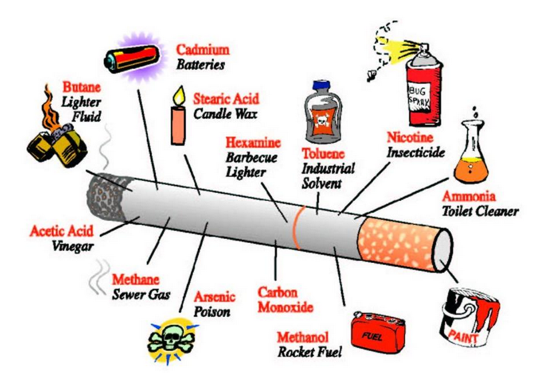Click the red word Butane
coord(81,87)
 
